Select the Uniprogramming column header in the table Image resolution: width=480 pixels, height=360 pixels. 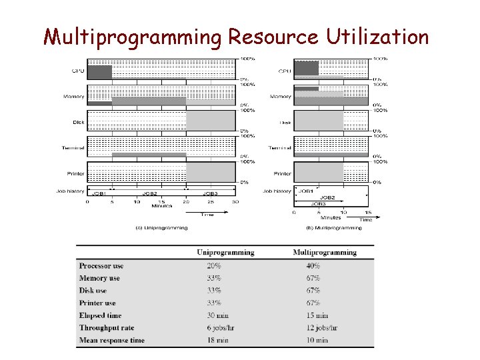[x=225, y=253]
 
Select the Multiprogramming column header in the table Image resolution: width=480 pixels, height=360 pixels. [x=325, y=253]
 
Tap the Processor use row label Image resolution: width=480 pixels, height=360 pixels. [x=101, y=266]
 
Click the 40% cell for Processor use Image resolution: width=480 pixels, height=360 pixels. [x=313, y=266]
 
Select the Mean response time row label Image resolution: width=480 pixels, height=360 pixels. [x=112, y=340]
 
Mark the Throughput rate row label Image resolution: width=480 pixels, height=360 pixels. [x=107, y=328]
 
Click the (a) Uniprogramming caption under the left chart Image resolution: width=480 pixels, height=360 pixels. [x=161, y=227]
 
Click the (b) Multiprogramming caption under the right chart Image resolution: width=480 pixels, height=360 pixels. [x=334, y=227]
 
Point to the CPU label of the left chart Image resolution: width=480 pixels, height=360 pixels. [x=78, y=71]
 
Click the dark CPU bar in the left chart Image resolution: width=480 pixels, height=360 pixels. [x=99, y=72]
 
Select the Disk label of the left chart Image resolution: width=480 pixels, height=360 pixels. [x=79, y=122]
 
